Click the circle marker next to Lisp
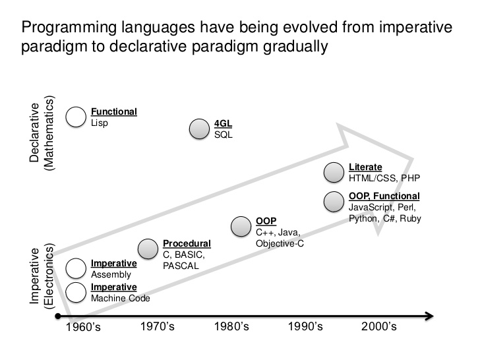pos(76,117)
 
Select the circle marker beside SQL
pos(199,129)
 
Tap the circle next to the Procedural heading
pos(148,249)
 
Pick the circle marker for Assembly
pos(76,268)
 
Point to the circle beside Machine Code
pos(76,292)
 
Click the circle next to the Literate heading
pos(334,172)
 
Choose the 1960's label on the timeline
pos(83,327)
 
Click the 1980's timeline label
pos(231,326)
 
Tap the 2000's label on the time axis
pos(379,326)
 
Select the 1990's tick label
pos(305,326)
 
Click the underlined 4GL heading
pos(223,123)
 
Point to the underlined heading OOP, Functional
pos(384,196)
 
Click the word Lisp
pos(100,123)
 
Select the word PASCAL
pos(181,266)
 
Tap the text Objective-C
pos(280,244)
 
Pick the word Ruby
pos(411,219)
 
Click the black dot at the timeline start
pos(58,316)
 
